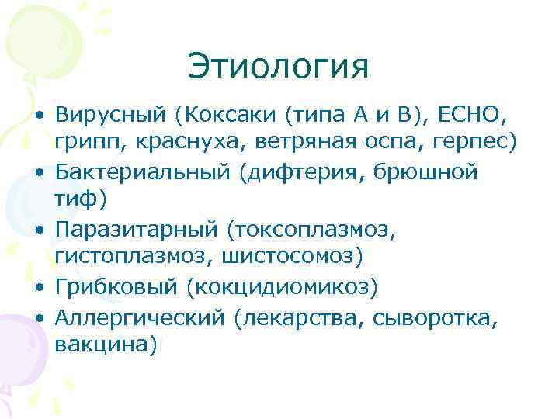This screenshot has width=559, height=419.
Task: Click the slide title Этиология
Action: coord(277,68)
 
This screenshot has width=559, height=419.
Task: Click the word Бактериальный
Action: coord(137,171)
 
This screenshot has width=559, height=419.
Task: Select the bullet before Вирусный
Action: coord(38,117)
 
